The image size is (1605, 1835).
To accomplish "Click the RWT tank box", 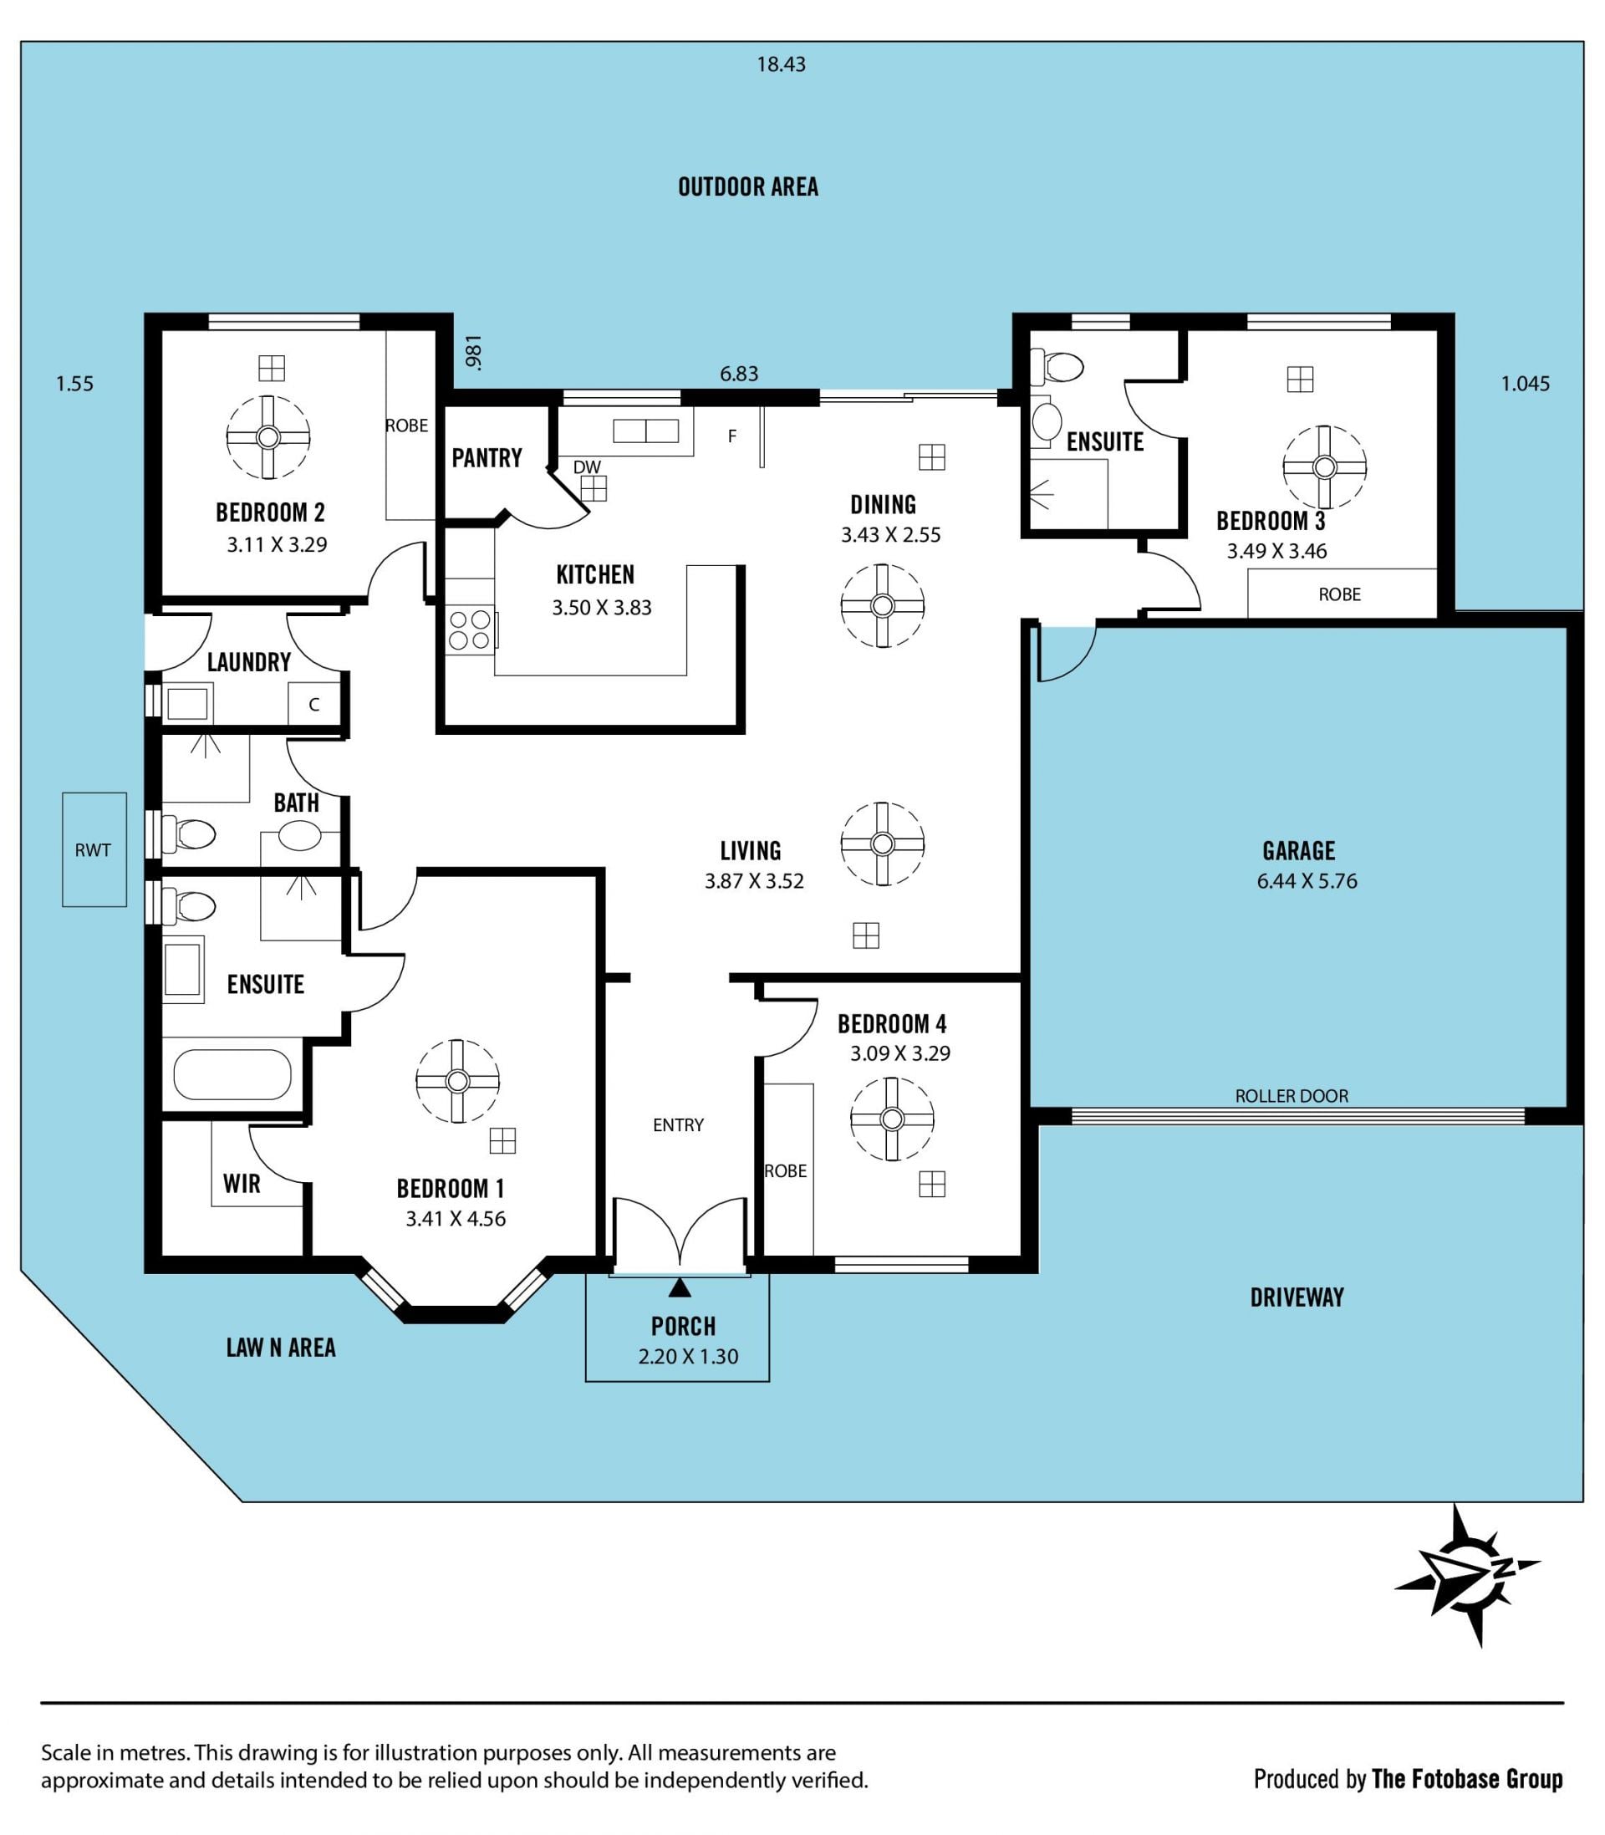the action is (94, 849).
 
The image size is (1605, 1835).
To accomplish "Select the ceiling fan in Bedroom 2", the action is (267, 437).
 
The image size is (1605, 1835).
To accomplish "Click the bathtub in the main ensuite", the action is (232, 1075).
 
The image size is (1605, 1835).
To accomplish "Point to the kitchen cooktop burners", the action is (470, 630).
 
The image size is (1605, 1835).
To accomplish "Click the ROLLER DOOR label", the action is (1291, 1095).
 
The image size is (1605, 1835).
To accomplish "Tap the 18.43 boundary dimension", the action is (781, 64).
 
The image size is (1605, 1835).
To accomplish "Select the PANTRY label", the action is (487, 457).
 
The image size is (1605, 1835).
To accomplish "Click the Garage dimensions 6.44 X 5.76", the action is (1307, 880).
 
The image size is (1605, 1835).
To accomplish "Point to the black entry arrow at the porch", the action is (680, 1287).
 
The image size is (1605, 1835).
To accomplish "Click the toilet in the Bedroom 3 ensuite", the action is (1057, 366).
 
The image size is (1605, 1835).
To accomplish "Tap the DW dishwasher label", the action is (587, 467).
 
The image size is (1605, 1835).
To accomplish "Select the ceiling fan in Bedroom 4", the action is (891, 1119).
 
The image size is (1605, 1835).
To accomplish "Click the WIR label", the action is (242, 1183).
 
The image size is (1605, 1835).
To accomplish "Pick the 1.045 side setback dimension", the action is (1526, 383).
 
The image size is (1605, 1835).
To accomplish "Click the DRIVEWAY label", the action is (1297, 1297).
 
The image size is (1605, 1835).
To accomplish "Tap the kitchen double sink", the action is (645, 431).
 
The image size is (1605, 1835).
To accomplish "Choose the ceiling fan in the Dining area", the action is (882, 605).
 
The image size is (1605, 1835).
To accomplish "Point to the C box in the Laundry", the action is (314, 704).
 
